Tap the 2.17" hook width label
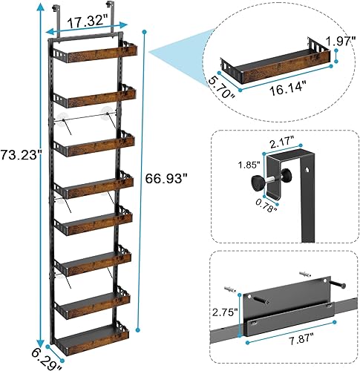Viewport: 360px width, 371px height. click(283, 137)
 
